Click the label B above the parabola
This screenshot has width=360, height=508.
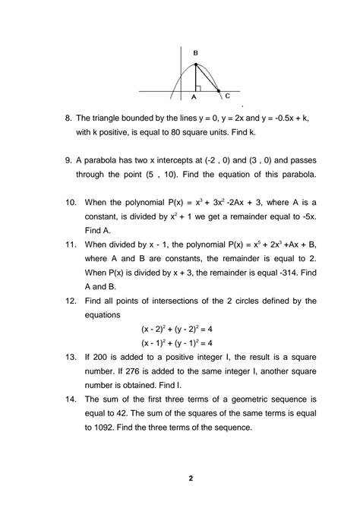(196, 52)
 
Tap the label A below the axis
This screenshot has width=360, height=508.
(195, 97)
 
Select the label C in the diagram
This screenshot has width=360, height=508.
(227, 96)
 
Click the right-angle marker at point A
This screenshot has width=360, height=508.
(199, 87)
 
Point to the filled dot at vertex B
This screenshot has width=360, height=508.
(196, 63)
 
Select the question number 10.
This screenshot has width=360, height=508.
(70, 204)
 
